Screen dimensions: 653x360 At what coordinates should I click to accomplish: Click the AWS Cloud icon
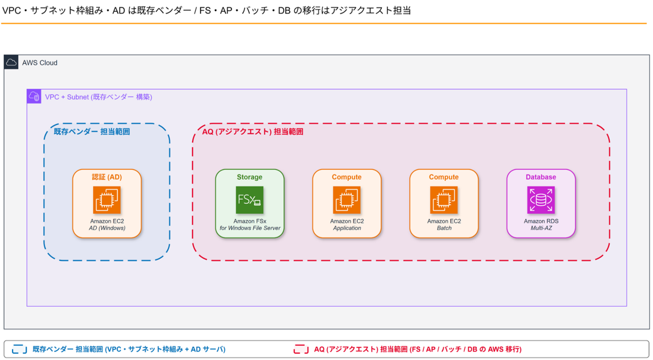coord(11,62)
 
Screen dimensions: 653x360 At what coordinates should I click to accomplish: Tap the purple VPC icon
coord(34,96)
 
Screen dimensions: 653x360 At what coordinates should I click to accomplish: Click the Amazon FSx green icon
coord(249,200)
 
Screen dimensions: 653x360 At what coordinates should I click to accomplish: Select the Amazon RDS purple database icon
coord(540,200)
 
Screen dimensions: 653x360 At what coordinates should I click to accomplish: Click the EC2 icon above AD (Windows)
coord(107,200)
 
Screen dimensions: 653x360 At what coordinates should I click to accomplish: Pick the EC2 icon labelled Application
coord(347,200)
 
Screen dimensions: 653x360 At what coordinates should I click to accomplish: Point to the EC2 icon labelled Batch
coord(443,200)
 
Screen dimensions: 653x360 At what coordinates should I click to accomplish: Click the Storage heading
coord(249,177)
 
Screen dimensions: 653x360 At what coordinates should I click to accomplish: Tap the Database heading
coord(540,177)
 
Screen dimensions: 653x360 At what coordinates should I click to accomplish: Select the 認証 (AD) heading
coord(107,177)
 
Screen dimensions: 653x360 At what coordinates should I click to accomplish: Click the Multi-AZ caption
coord(541,228)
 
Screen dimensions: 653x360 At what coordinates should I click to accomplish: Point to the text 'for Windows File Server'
coord(250,228)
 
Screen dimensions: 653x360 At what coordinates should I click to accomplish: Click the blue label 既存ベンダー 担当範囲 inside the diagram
coord(91,132)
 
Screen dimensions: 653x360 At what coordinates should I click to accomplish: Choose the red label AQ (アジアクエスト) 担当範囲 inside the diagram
coord(253,132)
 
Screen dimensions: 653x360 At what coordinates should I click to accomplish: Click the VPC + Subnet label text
coord(99,97)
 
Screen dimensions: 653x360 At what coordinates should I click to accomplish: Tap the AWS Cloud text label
coord(40,63)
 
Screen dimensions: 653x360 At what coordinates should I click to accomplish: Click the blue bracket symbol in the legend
coord(19,349)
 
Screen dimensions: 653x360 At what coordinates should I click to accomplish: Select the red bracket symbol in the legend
coord(301,349)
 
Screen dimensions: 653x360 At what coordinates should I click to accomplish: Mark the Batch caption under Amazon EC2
coord(444,228)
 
